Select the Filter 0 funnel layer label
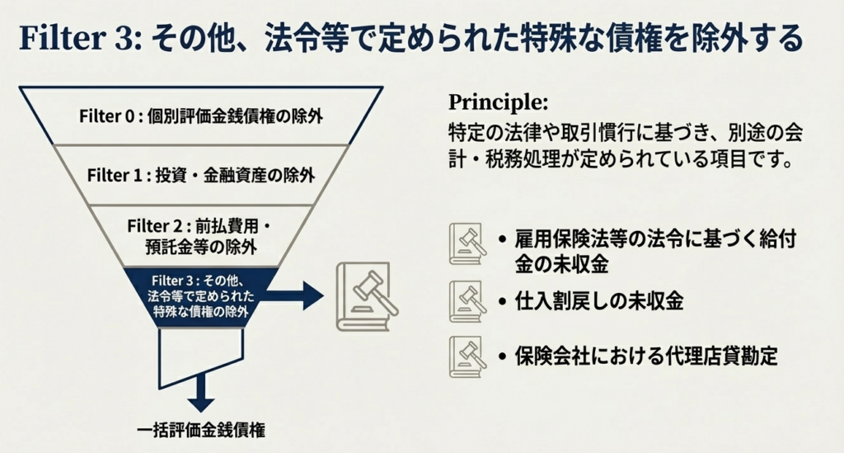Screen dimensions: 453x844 tap(201, 116)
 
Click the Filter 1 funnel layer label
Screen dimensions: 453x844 tap(201, 175)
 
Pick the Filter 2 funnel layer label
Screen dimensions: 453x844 tap(201, 235)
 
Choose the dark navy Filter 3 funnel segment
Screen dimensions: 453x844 tap(202, 296)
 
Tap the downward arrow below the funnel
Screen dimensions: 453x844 tap(200, 394)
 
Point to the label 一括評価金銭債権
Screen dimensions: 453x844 tap(202, 430)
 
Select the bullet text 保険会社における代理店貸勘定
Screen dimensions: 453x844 tap(647, 357)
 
